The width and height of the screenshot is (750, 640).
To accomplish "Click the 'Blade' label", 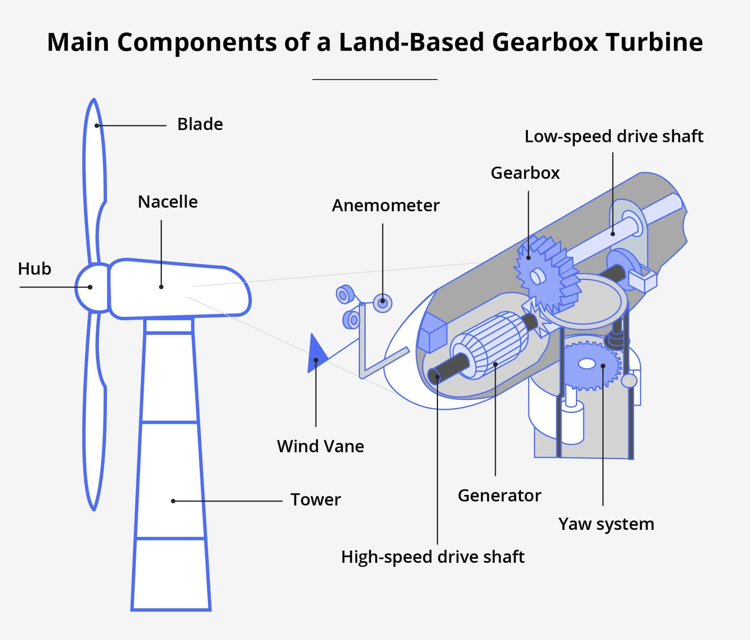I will (200, 124).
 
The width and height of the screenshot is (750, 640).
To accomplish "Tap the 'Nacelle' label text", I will (168, 202).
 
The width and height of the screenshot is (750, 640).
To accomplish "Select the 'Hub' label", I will (35, 269).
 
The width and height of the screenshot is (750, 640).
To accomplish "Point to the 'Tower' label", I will (315, 500).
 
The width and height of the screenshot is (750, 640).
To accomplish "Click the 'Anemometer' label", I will (385, 206).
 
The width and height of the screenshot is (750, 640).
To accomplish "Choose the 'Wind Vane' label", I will (320, 447).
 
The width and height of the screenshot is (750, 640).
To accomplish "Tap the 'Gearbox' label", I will (525, 173).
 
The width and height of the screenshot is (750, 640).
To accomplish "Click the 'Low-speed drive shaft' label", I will (613, 137).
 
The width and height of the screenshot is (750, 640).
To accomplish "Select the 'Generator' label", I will (499, 496).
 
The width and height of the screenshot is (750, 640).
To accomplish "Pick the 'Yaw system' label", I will (606, 524).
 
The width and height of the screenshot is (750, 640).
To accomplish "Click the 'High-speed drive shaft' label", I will (432, 557).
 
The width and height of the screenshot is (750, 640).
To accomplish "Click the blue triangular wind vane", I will (316, 354).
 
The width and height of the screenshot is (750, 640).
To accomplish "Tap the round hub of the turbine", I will (90, 288).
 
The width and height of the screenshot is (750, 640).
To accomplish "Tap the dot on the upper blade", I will (97, 126).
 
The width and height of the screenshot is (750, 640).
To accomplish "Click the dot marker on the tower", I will (173, 501).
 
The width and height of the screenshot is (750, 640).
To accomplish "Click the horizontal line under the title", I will (375, 80).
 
